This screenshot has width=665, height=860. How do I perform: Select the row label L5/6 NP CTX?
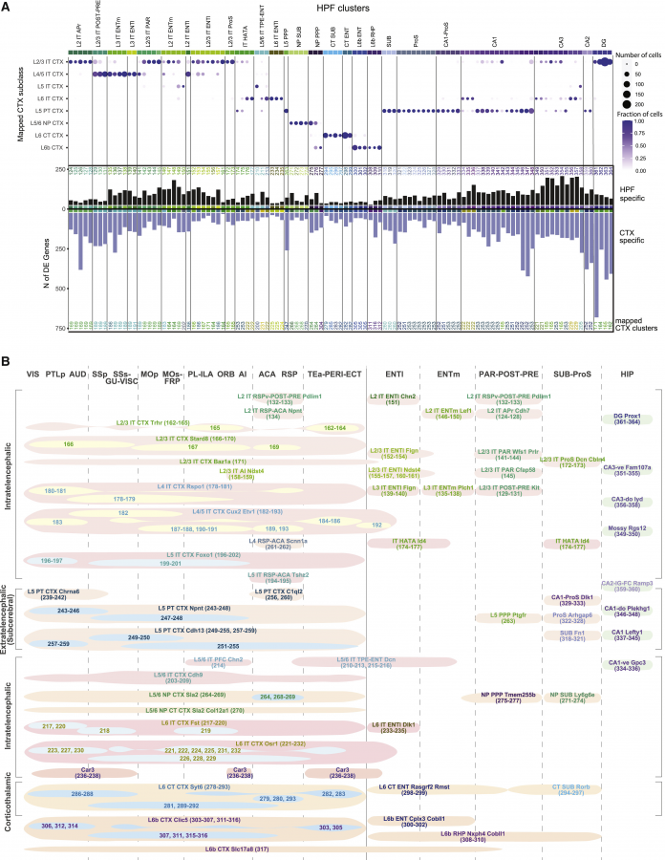pos(45,122)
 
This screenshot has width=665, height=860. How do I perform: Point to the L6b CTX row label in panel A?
pos(51,147)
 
